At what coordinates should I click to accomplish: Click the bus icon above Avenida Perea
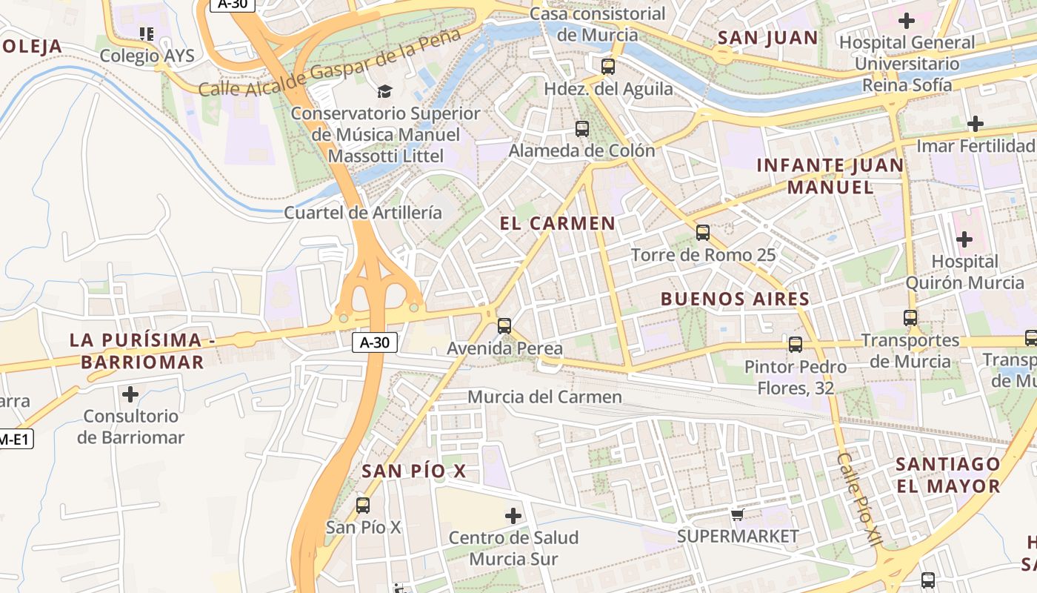(x=504, y=325)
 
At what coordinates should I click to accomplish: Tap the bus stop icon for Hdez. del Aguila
(x=608, y=67)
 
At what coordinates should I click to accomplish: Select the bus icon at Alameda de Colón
(x=582, y=129)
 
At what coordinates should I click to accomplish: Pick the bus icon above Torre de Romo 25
(x=703, y=233)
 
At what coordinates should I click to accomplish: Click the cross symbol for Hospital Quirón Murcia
(x=964, y=239)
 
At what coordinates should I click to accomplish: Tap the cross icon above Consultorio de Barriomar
(x=130, y=394)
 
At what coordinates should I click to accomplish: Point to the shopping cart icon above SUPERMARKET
(x=737, y=514)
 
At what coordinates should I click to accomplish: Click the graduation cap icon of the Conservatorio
(x=384, y=91)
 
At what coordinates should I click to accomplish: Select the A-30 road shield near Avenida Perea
(x=375, y=342)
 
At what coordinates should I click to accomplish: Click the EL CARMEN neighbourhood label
(x=558, y=223)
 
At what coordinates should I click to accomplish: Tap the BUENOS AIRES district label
(x=735, y=299)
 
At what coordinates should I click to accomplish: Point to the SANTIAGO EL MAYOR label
(x=948, y=475)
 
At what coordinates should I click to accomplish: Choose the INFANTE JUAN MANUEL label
(x=830, y=176)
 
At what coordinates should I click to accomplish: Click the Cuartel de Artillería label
(x=363, y=213)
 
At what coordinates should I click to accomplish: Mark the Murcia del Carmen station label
(x=544, y=397)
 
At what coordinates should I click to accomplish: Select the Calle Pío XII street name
(x=859, y=500)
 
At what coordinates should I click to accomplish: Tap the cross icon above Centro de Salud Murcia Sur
(x=513, y=515)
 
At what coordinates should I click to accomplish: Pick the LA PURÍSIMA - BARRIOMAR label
(x=136, y=351)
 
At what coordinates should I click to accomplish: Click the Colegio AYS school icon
(x=147, y=33)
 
